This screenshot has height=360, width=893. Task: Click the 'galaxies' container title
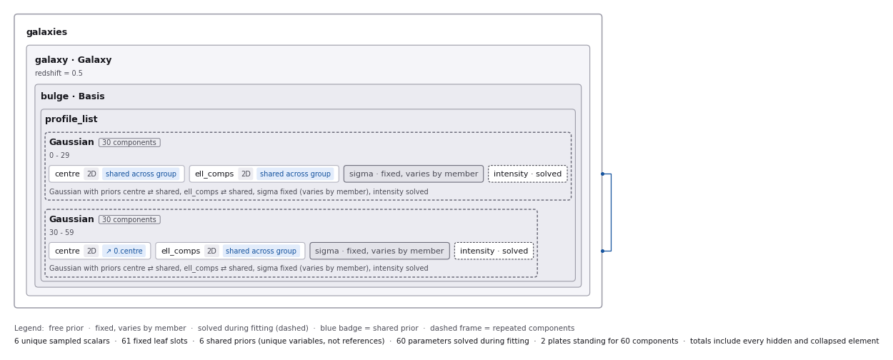(x=46, y=32)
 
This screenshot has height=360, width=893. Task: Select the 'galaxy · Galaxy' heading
(x=74, y=60)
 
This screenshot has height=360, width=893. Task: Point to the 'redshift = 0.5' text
(x=59, y=74)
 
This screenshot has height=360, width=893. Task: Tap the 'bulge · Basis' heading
(x=73, y=96)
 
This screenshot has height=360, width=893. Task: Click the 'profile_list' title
(x=71, y=119)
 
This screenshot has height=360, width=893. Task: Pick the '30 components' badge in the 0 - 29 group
(x=129, y=142)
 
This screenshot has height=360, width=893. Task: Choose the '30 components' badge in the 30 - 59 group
(x=129, y=220)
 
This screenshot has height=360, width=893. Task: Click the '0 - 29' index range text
(x=59, y=156)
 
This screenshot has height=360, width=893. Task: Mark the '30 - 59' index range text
(x=61, y=232)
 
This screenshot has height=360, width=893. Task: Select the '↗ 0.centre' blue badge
(x=124, y=251)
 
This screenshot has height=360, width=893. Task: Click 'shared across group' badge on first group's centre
(x=141, y=174)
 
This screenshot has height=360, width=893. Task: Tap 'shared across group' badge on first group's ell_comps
(x=295, y=174)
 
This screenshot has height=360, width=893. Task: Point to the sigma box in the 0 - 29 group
(x=414, y=174)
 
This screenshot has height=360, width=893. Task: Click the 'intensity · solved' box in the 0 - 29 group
(x=527, y=174)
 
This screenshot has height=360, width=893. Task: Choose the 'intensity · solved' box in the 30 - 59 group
(x=494, y=251)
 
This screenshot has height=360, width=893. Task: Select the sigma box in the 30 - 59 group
(x=379, y=251)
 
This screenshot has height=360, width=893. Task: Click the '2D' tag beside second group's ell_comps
(x=211, y=251)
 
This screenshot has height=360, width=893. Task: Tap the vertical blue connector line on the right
(x=611, y=212)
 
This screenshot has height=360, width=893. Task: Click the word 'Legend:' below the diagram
(x=29, y=328)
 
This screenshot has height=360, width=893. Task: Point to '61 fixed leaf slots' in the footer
(x=154, y=341)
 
